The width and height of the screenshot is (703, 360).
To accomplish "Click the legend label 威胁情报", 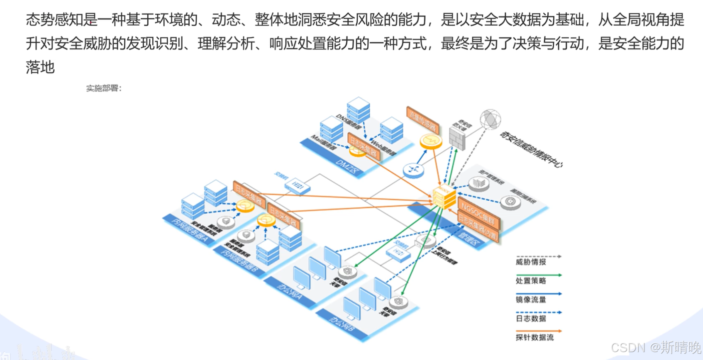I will coord(531,262).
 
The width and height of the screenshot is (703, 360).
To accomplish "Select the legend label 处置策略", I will coord(531,281).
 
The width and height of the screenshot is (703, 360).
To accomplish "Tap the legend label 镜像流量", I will coord(531,299).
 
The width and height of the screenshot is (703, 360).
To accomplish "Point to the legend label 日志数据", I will coord(531,319).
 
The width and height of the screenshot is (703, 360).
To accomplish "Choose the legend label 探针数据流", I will coord(535,337).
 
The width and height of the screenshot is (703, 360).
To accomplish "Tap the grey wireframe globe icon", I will coord(490,119).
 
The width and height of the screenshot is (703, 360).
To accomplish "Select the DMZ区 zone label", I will coord(347,166).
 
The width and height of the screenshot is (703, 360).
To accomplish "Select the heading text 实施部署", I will coord(103,88).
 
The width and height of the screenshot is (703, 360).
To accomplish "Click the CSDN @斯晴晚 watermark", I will coord(656,347).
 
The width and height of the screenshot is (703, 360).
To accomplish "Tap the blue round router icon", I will coord(413,170).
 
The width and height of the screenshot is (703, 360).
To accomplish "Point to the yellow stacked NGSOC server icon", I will coord(444,197).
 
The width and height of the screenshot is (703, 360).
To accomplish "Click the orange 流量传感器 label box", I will coord(422,120).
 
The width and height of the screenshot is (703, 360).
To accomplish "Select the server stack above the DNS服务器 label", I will coord(358,108).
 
